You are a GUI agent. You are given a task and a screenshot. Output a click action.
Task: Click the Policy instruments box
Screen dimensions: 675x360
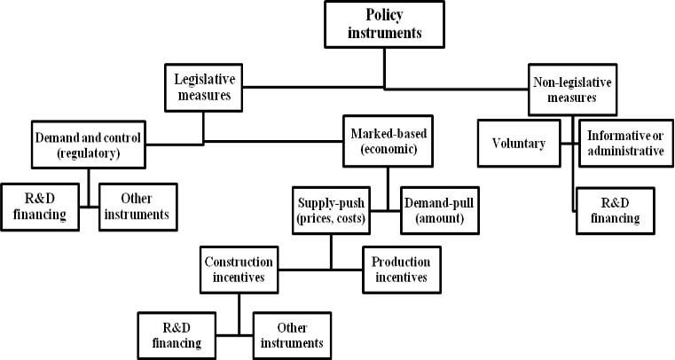(x=384, y=24)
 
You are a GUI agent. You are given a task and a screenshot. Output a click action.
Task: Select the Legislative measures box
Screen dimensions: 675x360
(x=204, y=87)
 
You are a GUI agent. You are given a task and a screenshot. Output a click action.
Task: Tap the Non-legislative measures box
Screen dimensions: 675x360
(x=572, y=90)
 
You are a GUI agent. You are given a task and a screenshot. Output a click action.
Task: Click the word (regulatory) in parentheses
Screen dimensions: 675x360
(x=88, y=153)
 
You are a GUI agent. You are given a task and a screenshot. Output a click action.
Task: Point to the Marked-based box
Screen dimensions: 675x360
(x=388, y=141)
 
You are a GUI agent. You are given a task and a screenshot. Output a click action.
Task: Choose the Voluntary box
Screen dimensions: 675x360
(x=519, y=144)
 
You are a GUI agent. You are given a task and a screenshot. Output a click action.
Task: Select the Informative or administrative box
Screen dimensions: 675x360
(x=626, y=144)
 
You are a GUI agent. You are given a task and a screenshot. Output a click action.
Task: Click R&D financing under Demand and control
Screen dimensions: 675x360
(x=40, y=207)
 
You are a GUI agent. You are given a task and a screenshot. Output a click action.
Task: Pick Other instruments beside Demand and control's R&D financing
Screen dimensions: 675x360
(x=138, y=207)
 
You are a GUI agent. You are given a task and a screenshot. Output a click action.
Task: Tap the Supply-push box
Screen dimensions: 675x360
(x=331, y=210)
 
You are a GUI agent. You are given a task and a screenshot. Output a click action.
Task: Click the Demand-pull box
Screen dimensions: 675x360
(x=440, y=210)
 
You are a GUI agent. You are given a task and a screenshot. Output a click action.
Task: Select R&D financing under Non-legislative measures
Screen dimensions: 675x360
(x=616, y=211)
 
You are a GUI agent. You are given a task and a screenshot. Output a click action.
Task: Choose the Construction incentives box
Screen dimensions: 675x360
(x=239, y=270)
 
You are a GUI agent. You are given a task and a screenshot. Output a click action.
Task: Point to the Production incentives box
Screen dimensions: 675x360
(x=402, y=270)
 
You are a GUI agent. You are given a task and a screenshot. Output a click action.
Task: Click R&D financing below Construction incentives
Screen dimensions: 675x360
(x=177, y=335)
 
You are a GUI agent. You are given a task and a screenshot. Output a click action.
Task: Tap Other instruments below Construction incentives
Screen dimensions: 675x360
(x=293, y=335)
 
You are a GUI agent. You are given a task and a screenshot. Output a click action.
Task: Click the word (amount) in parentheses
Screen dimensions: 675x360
(x=440, y=218)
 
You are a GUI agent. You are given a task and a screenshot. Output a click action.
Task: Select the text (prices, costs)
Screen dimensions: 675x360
(x=331, y=218)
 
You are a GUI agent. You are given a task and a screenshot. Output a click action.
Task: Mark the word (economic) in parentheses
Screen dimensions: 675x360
(x=389, y=149)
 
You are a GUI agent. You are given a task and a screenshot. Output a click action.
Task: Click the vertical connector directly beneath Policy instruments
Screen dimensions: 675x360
(x=384, y=68)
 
